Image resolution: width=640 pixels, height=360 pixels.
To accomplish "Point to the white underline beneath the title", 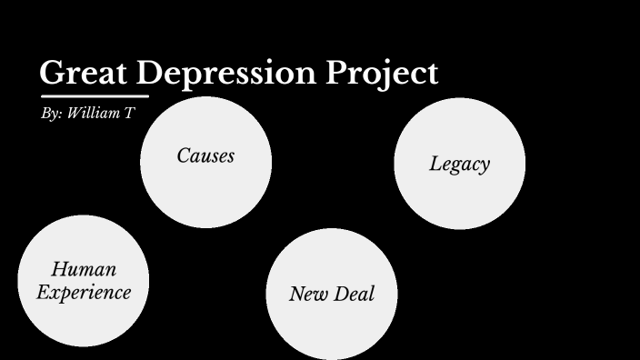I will (x=95, y=95).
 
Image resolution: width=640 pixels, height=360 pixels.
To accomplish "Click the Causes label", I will (x=205, y=155).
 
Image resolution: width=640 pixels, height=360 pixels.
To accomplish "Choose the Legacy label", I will (x=459, y=165).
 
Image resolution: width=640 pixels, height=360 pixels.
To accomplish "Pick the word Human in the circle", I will (x=84, y=270).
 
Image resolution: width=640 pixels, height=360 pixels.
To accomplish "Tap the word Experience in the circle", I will (x=84, y=292).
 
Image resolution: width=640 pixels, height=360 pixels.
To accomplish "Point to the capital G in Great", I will (x=53, y=73).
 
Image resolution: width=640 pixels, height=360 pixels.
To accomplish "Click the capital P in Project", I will (x=341, y=73).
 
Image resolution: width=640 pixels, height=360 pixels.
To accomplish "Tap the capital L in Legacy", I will (x=435, y=164).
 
